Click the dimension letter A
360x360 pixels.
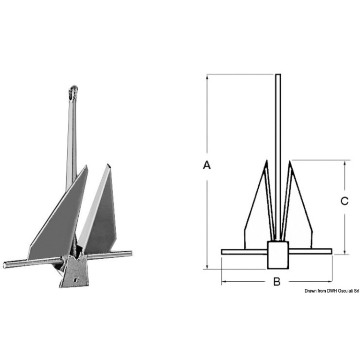[207, 165]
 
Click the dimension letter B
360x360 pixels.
[277, 281]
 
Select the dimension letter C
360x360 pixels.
[345, 201]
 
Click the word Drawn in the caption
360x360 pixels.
[310, 291]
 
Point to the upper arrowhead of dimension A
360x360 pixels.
[207, 77]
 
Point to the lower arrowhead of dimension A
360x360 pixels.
[207, 267]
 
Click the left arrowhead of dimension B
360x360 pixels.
[224, 281]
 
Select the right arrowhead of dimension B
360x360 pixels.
[330, 281]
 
